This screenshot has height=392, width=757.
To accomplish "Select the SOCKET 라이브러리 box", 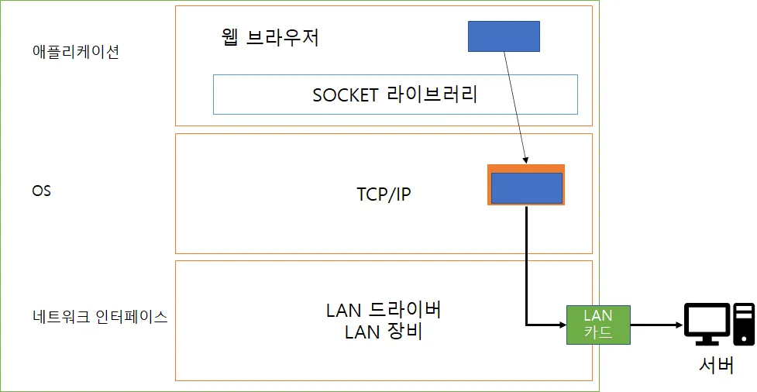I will coord(395,95).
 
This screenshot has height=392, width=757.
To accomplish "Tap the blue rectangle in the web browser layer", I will coord(504,36).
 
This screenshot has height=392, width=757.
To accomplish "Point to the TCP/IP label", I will coord(378,194).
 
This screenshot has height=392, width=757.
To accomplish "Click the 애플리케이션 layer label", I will coord(76,53).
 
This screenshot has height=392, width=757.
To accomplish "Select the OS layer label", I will coord(41,191).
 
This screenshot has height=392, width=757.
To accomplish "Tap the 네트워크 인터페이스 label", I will coord(100,317).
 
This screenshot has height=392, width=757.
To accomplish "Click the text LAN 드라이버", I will coord(384,311).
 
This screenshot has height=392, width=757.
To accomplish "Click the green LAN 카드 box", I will coord(597,325).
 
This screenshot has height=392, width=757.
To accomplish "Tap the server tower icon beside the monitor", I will coord(744,325).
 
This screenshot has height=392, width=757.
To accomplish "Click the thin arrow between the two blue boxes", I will coord(515,108).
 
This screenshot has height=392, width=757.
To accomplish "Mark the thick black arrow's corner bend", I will coord(527,325).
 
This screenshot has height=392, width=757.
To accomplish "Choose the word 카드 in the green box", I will coord(597,332).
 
